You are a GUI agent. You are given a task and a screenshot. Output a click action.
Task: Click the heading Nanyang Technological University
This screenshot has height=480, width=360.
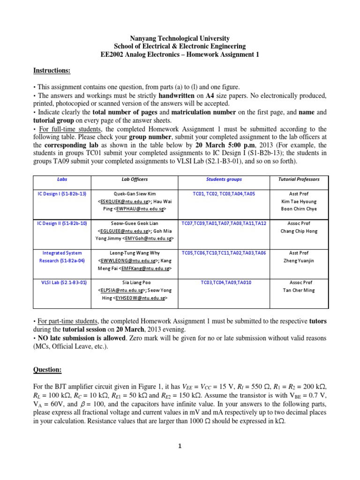[180, 38]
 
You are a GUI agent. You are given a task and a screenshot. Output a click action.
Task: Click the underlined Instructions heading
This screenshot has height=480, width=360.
[52, 70]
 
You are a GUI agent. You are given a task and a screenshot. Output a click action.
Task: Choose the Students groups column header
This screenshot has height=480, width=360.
[224, 179]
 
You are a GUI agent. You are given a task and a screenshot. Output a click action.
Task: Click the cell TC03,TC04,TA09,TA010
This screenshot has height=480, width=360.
[224, 283]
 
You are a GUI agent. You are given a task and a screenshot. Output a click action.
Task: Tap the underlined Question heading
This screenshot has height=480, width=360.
[47, 370]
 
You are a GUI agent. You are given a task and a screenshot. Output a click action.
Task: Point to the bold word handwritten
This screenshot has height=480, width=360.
[158, 95]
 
